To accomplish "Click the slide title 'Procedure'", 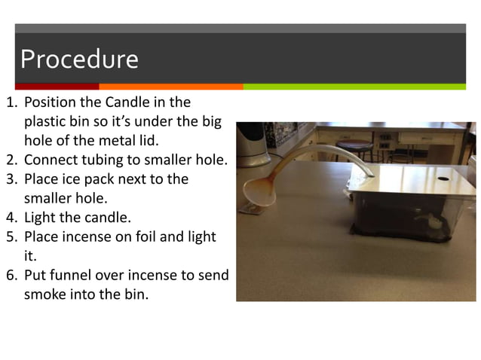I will click(x=79, y=59).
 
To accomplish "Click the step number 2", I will click(x=11, y=160).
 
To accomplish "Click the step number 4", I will click(x=11, y=218).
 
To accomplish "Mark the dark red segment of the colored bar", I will click(x=57, y=87).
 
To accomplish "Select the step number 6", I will click(x=11, y=275).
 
